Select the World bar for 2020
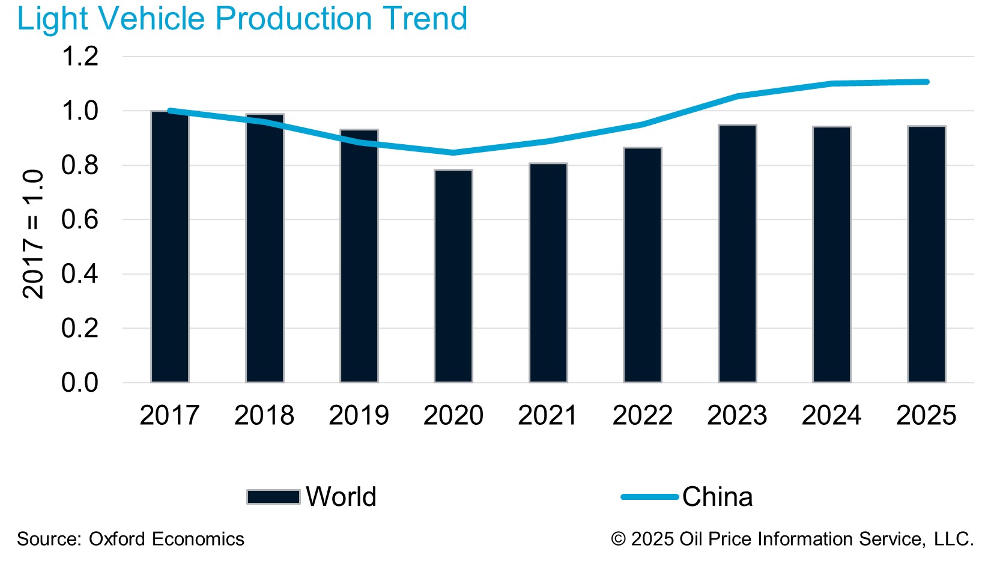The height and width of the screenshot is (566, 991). [x=453, y=276]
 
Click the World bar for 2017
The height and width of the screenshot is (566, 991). [x=170, y=246]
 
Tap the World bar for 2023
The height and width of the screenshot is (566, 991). [x=738, y=254]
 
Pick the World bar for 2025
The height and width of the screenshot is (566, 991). [x=927, y=254]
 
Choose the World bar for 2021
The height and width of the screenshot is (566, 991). [x=548, y=273]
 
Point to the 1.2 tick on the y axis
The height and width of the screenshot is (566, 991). [x=80, y=57]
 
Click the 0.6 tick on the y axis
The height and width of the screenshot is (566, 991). [x=80, y=220]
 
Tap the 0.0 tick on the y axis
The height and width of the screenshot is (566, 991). [x=80, y=383]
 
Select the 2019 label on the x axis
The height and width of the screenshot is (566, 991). [x=359, y=416]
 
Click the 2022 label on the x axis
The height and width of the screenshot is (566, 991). [x=643, y=416]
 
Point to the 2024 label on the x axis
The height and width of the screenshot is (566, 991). [x=832, y=416]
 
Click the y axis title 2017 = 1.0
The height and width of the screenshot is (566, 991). [x=33, y=234]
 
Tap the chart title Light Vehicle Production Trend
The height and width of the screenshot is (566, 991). [x=242, y=19]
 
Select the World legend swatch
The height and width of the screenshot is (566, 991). [x=273, y=497]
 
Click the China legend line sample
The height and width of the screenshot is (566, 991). [x=650, y=497]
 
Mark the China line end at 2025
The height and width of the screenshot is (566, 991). [x=927, y=82]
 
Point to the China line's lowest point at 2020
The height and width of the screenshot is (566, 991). [x=453, y=153]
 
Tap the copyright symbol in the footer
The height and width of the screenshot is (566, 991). [x=619, y=539]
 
